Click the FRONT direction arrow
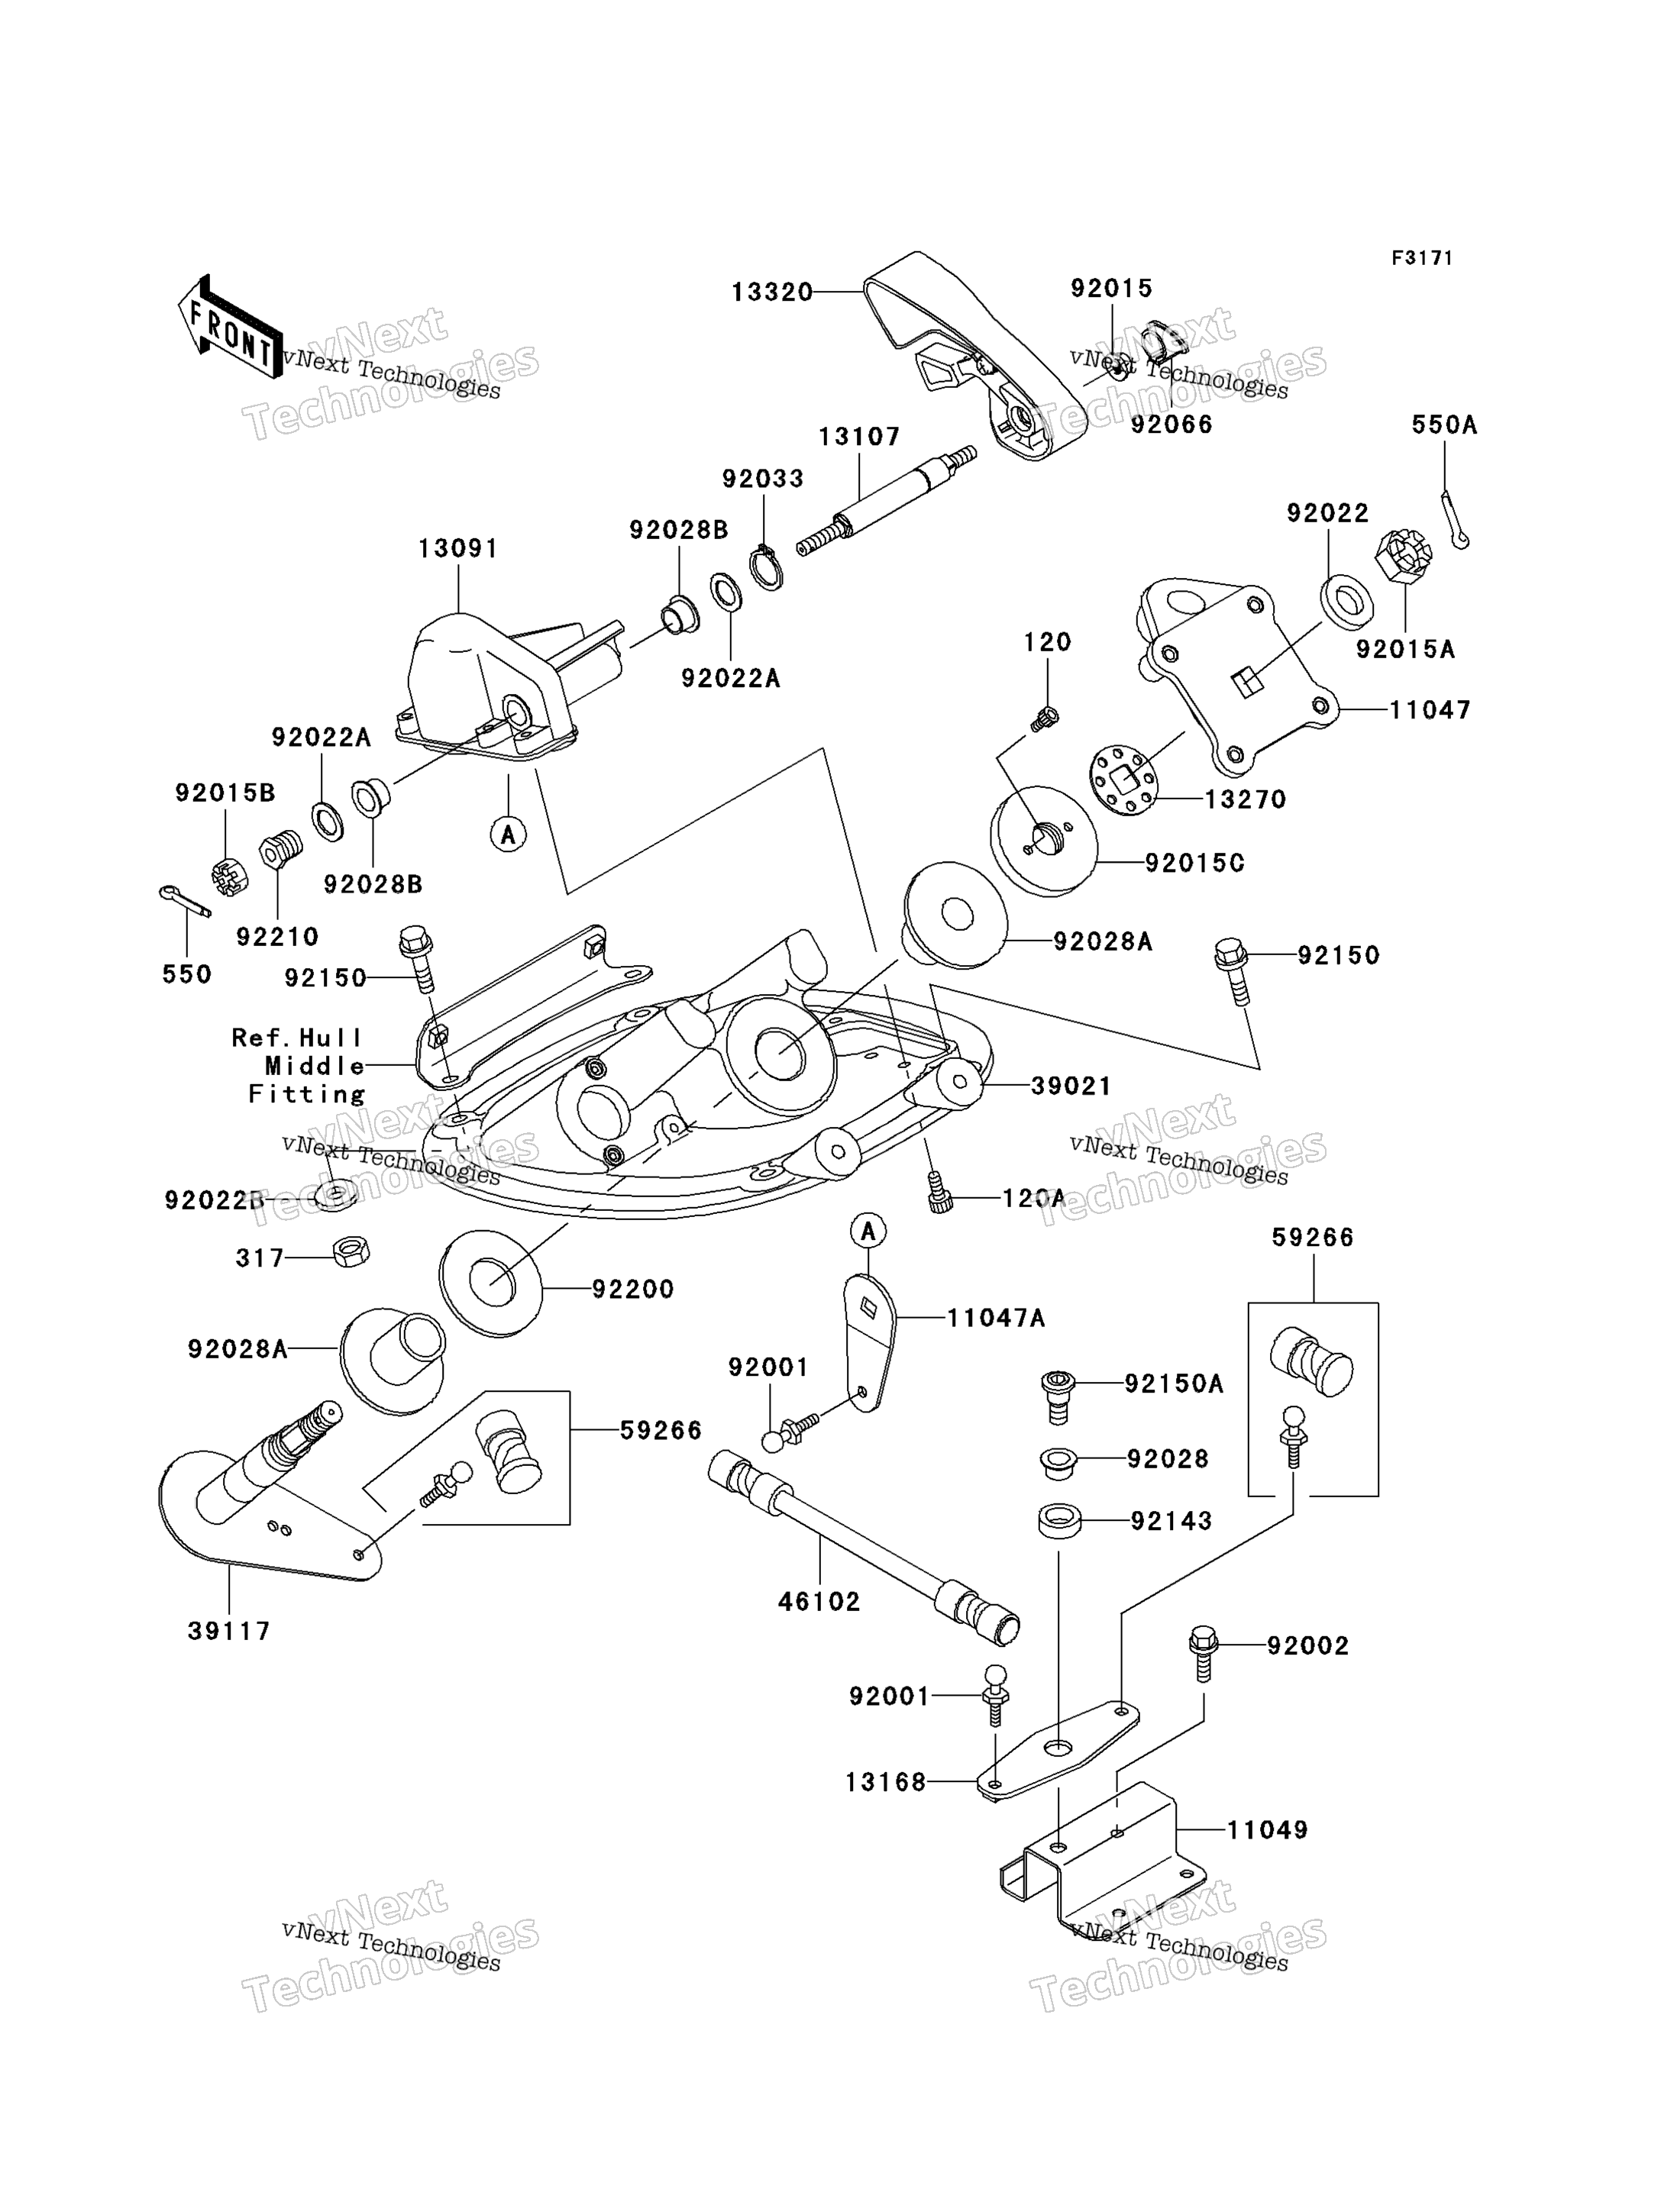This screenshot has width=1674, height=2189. coord(230,327)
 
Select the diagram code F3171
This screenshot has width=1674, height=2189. coord(1422,258)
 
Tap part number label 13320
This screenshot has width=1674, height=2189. coord(772,292)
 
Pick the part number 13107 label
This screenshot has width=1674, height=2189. coord(859,437)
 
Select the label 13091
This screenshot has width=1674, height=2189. coord(457,548)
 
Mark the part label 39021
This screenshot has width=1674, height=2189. coord(1071,1085)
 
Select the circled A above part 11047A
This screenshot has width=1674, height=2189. coord(868,1231)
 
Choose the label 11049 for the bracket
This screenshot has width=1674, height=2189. coord(1266,1829)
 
